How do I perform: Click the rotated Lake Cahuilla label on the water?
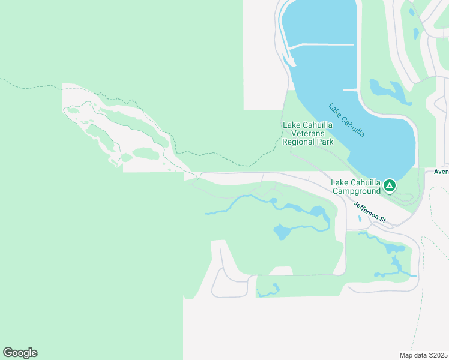346,120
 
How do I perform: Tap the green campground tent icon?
390,186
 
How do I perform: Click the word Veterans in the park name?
307,134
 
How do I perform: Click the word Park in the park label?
325,143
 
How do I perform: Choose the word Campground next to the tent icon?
357,191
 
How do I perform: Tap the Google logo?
20,353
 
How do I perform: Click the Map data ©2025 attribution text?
424,355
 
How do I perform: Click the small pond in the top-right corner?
411,12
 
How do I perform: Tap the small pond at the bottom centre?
269,290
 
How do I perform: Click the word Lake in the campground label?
339,183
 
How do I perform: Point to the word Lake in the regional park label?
291,125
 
